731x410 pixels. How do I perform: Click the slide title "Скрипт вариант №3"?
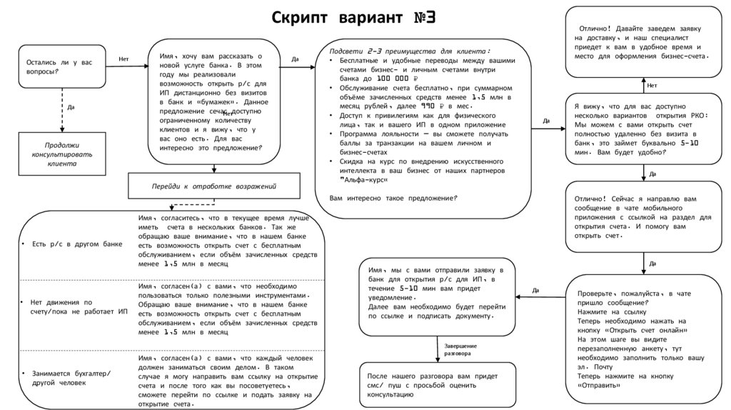click(353, 16)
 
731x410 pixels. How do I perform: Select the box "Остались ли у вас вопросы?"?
click(61, 67)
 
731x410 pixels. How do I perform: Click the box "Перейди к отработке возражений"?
click(213, 186)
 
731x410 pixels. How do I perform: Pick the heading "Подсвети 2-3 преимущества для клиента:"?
click(410, 51)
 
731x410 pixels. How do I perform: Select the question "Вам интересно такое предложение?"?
click(393, 198)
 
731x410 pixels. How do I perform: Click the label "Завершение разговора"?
click(460, 349)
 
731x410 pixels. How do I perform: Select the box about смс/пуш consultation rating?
click(438, 385)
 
